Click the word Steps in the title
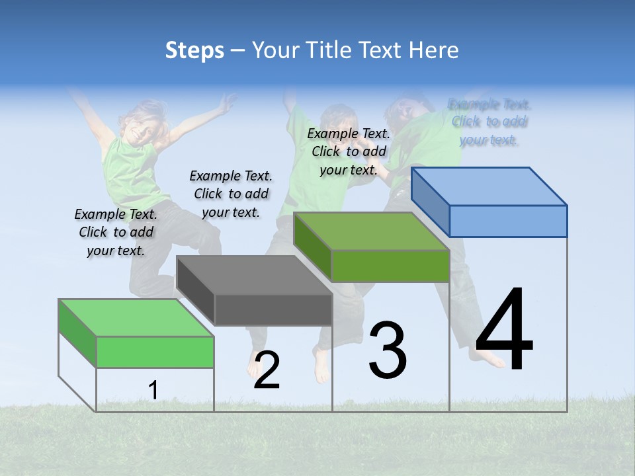pyautogui.click(x=194, y=50)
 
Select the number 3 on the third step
pyautogui.click(x=388, y=350)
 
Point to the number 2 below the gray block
pyautogui.click(x=267, y=370)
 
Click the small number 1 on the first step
pyautogui.click(x=153, y=391)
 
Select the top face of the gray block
pyautogui.click(x=255, y=274)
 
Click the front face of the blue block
pyautogui.click(x=508, y=221)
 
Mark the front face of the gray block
pyautogui.click(x=273, y=309)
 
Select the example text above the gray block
pyautogui.click(x=231, y=194)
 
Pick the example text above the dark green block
pyautogui.click(x=349, y=151)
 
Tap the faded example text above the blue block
pyautogui.click(x=489, y=122)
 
